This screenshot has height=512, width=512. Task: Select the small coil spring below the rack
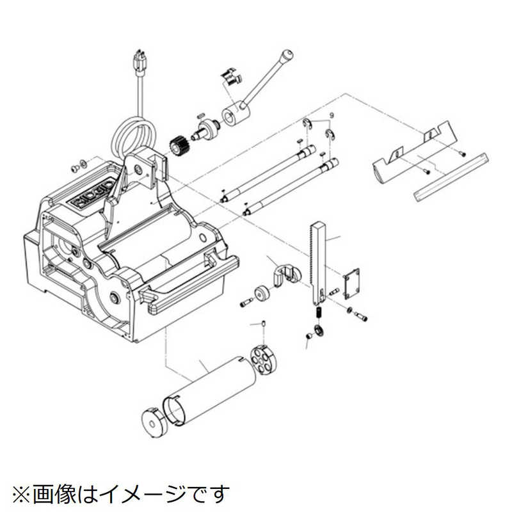317,313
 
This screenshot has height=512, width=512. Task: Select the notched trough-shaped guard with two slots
410,157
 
